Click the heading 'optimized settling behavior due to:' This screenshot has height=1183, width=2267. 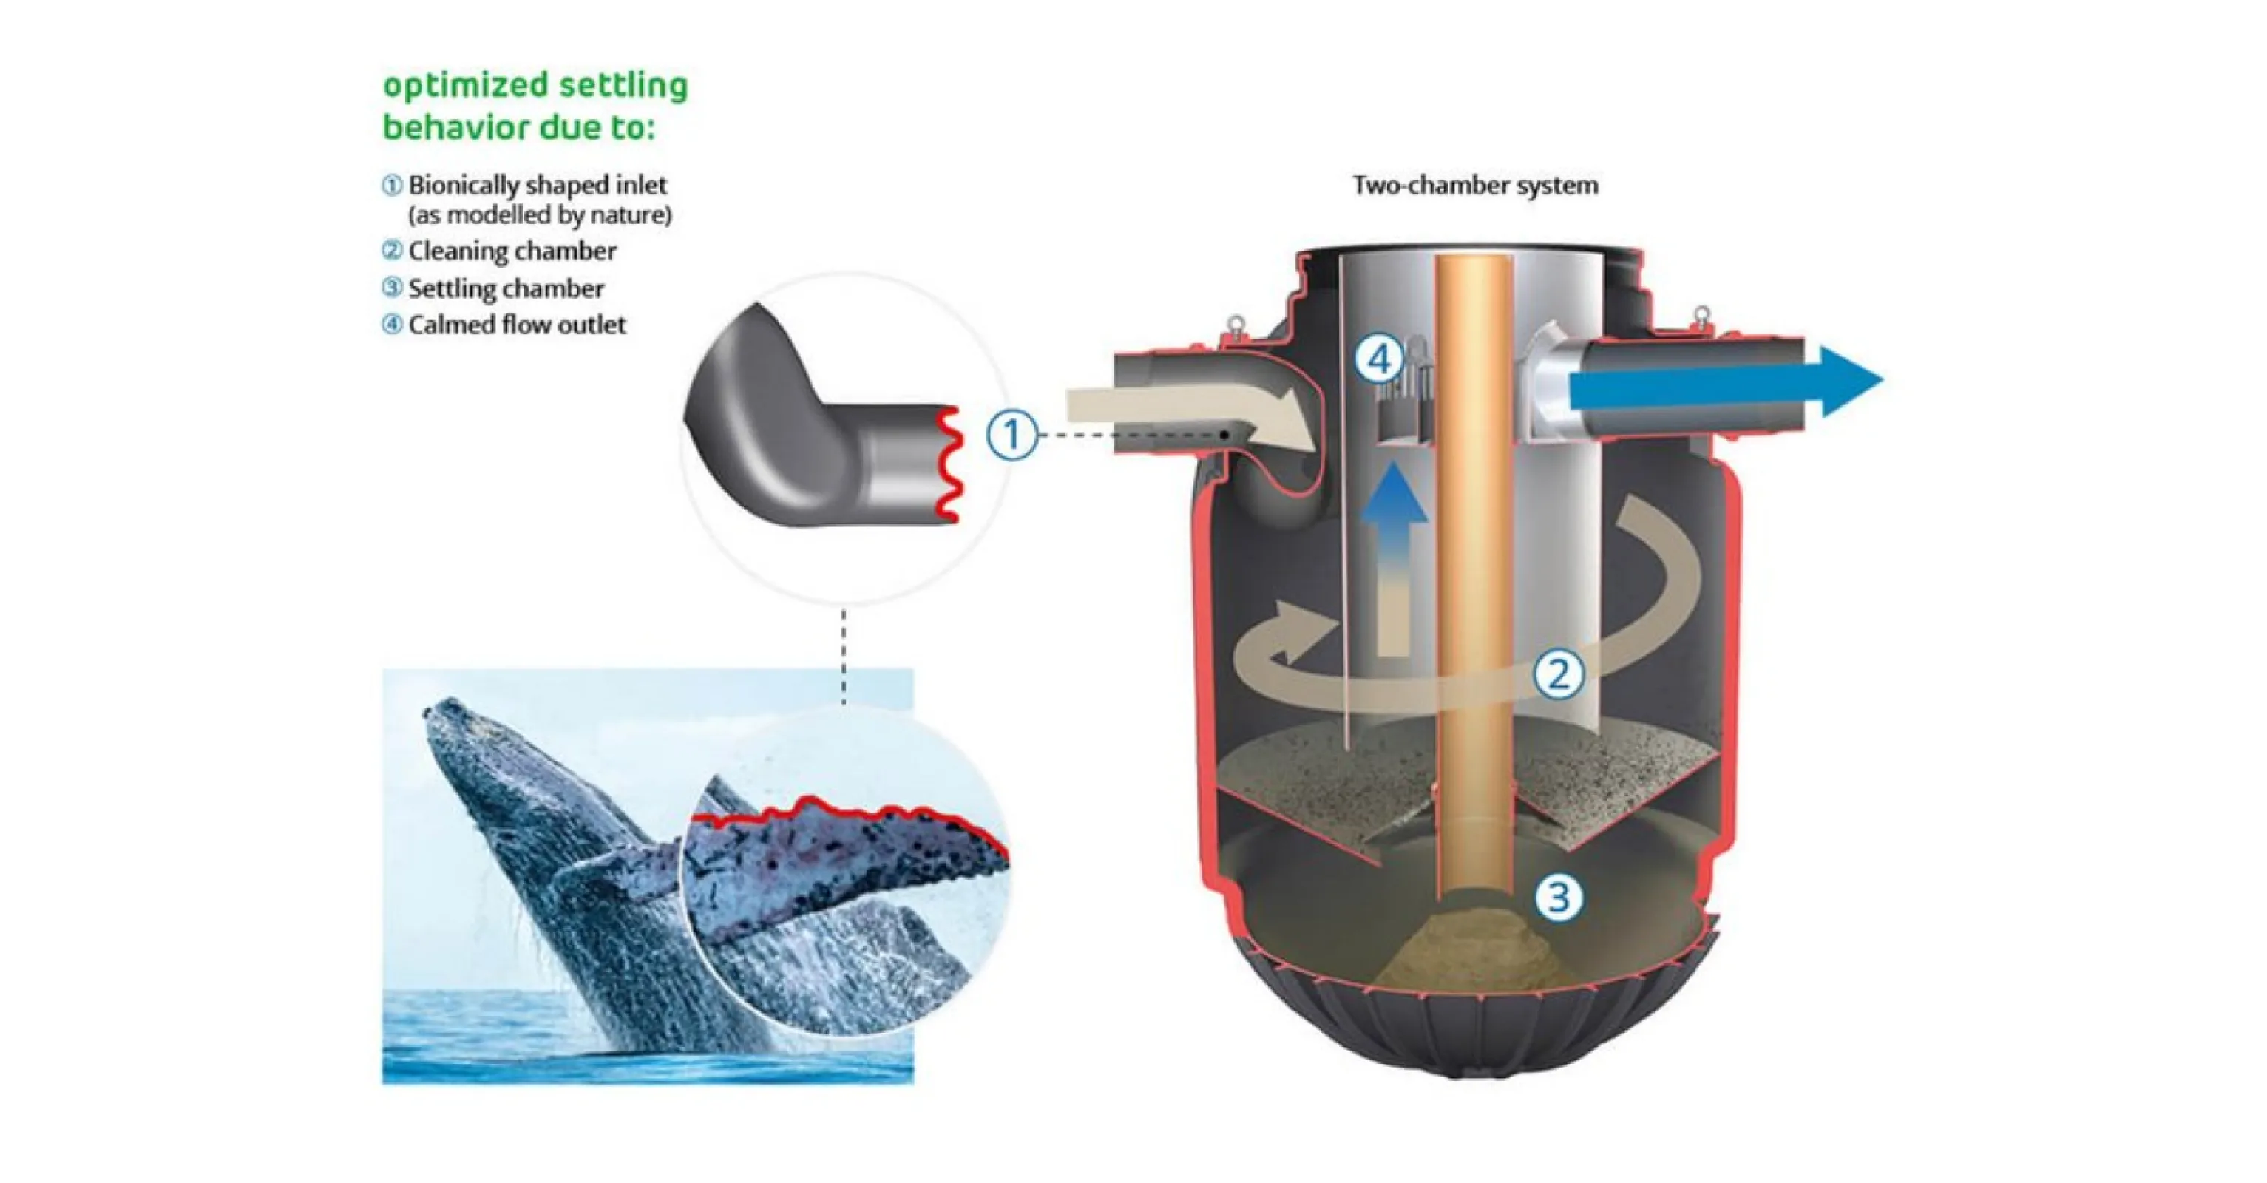[x=535, y=106]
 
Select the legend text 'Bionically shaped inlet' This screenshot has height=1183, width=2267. [x=537, y=186]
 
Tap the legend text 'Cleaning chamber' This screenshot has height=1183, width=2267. [x=512, y=251]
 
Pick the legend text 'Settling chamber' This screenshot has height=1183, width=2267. [x=506, y=288]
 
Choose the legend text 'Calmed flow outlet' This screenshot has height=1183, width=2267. [x=517, y=325]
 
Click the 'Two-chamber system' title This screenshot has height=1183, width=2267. [x=1475, y=186]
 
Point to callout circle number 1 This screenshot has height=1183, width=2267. [x=1011, y=435]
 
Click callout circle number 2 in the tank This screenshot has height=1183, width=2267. [x=1558, y=674]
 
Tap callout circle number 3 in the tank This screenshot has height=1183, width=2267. [x=1558, y=898]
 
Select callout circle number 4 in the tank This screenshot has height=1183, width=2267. [x=1379, y=359]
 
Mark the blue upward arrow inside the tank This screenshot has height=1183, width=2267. [x=1394, y=546]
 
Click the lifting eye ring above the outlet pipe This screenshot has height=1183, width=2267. [x=1701, y=314]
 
